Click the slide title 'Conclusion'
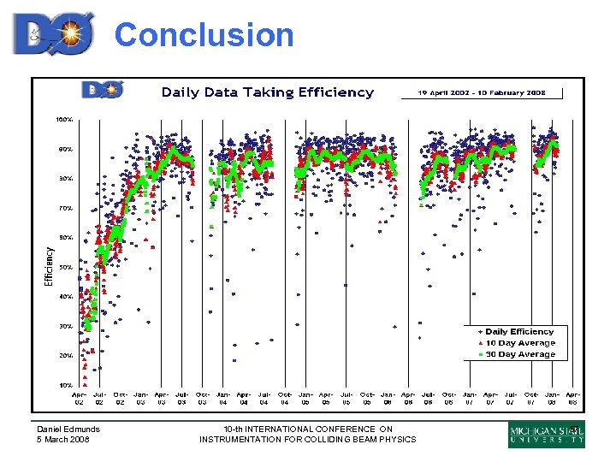click(204, 35)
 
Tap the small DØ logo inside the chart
click(103, 90)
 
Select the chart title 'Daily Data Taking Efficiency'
click(268, 92)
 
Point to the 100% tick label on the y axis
click(64, 119)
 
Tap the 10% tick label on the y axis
click(65, 385)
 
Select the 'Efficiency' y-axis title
click(49, 267)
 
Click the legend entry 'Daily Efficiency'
click(519, 331)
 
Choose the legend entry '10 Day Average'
click(519, 342)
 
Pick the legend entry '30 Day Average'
click(519, 354)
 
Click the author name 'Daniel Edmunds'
click(68, 429)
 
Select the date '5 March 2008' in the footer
click(62, 440)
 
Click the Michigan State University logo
click(547, 435)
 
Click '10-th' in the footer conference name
click(233, 429)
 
